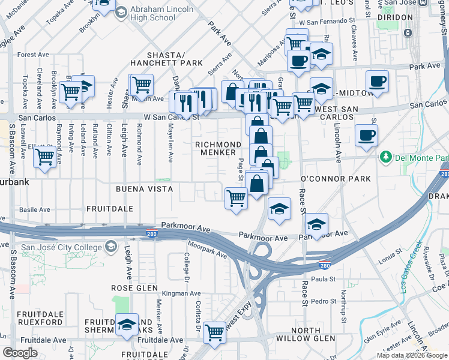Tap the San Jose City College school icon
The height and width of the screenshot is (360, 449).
tap(111, 246)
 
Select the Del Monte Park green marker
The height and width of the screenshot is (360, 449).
tap(385, 157)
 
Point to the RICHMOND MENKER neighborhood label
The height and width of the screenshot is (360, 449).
tap(218, 149)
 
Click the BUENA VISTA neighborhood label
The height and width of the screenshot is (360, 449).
tap(145, 189)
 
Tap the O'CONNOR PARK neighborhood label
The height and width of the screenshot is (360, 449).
tap(336, 179)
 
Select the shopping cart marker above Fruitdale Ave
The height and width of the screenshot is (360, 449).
tap(214, 332)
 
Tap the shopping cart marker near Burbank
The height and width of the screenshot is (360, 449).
tap(44, 157)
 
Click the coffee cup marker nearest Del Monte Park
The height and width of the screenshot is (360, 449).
tap(366, 135)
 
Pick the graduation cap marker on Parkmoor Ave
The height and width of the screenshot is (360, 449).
tap(316, 225)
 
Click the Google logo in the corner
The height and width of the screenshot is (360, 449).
tap(20, 353)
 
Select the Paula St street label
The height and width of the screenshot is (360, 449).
tap(322, 279)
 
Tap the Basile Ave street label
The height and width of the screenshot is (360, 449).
tap(34, 210)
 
